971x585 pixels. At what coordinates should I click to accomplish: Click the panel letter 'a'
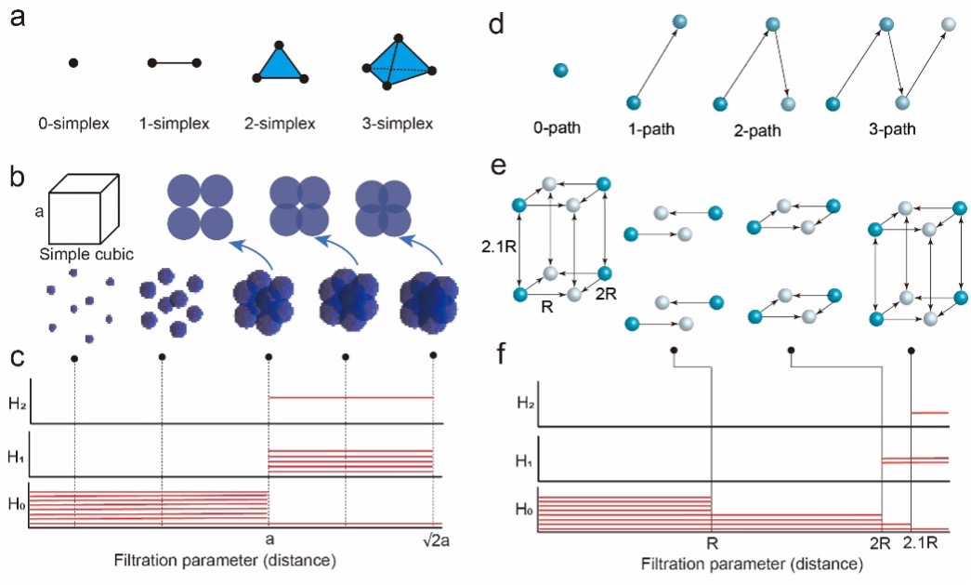pyautogui.click(x=15, y=20)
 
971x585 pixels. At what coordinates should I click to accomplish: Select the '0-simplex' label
pyautogui.click(x=72, y=122)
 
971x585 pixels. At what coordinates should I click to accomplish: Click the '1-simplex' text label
pyautogui.click(x=176, y=122)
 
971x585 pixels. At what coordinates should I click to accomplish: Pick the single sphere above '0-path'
pyautogui.click(x=559, y=70)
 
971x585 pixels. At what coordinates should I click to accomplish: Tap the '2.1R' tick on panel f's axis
pyautogui.click(x=920, y=540)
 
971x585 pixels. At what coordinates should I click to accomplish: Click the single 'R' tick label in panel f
pyautogui.click(x=712, y=540)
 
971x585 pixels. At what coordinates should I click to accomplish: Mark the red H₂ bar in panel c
pyautogui.click(x=351, y=398)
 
